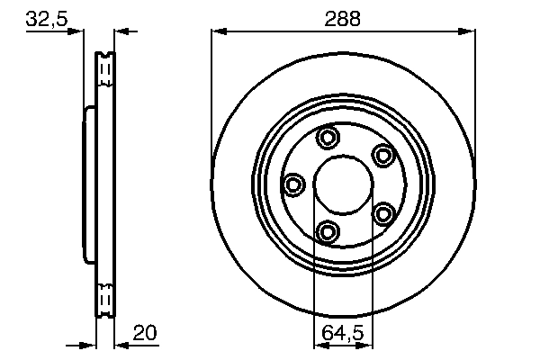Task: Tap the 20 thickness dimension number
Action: coord(145,332)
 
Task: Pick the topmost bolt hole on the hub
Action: coord(328,138)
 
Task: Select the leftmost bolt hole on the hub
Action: coord(292,185)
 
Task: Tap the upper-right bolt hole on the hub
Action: coord(384,155)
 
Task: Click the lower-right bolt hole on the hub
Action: coord(384,213)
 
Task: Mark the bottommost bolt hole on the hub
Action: coord(328,232)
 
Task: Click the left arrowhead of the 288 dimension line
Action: coord(217,31)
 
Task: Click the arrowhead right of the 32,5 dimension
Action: coord(122,31)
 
